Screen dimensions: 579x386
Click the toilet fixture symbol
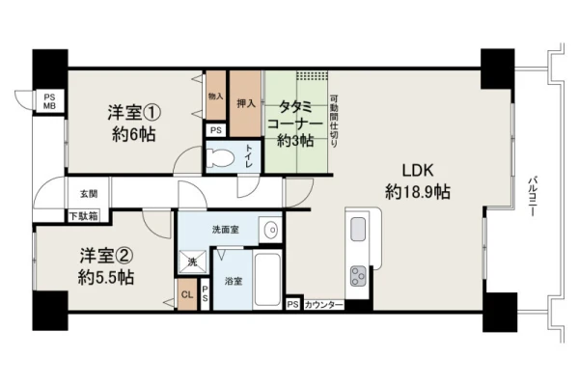coord(220,158)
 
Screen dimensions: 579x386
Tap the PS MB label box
coord(49,101)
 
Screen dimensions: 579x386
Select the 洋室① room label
coord(134,112)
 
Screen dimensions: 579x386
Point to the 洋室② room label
coord(105,256)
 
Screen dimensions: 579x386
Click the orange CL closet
coord(187,294)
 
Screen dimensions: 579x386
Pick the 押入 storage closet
coord(245,103)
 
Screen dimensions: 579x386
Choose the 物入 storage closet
coord(215,96)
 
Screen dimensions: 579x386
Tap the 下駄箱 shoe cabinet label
coord(84,216)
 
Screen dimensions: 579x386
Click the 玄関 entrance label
coord(89,194)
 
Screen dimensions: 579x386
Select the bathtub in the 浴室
coord(267,279)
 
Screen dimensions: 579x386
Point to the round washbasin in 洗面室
coord(272,230)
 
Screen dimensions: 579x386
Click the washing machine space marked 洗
coord(193,262)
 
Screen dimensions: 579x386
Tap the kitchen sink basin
coord(358,229)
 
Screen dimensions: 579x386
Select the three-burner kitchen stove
coord(358,276)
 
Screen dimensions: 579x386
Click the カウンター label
coord(323,305)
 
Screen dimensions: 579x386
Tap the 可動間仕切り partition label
coord(334,122)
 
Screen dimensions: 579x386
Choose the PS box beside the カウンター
coord(292,304)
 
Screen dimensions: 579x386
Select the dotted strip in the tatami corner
coord(312,75)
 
